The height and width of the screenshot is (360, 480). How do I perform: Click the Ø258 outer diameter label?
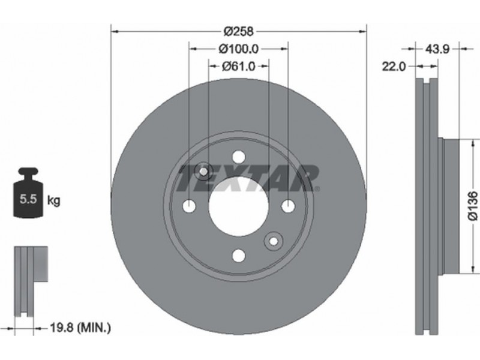click(239, 31)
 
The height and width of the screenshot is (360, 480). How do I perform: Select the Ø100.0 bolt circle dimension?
click(238, 49)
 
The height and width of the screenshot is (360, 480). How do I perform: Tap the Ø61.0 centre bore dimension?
click(238, 66)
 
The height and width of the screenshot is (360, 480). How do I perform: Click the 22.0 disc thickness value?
click(394, 66)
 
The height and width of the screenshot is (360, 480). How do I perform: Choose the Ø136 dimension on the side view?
click(473, 205)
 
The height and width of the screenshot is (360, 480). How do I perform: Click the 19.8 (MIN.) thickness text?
click(80, 328)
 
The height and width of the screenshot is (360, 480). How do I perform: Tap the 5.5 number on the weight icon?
click(28, 199)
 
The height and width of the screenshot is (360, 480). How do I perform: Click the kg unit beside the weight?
click(54, 201)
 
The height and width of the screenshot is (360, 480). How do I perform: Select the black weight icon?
click(28, 193)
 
